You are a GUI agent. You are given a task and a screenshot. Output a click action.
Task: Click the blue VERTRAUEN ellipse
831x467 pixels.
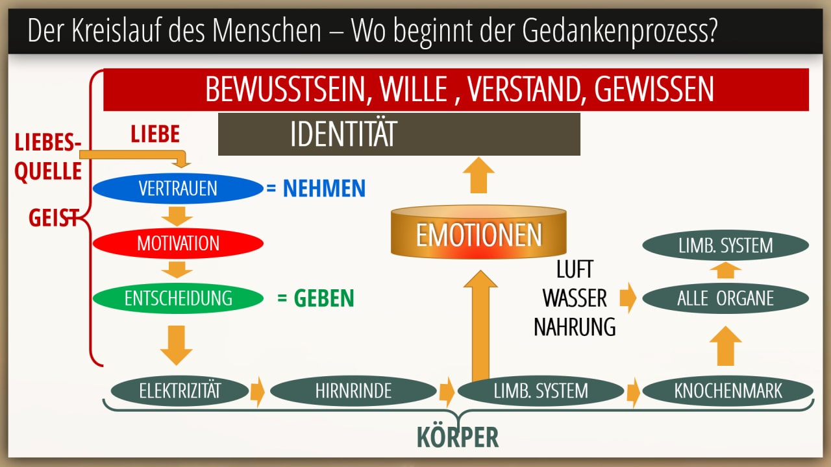click(x=178, y=188)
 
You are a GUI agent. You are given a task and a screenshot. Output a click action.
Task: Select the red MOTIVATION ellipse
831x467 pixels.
click(x=178, y=243)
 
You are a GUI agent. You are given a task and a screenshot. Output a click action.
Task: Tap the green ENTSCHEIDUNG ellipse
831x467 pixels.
click(x=178, y=298)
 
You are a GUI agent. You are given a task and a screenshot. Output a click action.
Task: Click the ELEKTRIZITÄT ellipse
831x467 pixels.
click(x=180, y=390)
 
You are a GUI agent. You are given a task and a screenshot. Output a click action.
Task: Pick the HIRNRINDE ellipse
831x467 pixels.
click(x=353, y=390)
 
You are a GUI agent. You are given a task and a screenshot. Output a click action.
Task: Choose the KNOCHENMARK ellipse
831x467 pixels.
click(x=728, y=390)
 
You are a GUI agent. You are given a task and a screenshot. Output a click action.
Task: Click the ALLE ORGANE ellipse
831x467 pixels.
click(x=726, y=298)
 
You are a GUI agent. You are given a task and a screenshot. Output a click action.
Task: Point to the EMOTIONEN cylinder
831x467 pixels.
click(x=478, y=232)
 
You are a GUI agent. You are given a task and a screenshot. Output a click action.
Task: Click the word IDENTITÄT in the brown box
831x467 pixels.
click(x=343, y=134)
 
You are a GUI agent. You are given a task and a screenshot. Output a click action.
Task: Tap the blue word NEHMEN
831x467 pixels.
click(x=324, y=188)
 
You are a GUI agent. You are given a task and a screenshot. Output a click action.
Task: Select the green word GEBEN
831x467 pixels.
click(x=324, y=298)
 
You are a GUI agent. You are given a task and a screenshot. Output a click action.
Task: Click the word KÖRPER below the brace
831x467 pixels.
click(x=458, y=437)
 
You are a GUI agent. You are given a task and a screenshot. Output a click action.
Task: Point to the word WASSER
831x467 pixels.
click(x=575, y=298)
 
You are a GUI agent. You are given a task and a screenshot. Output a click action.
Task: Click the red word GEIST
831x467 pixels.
click(x=54, y=218)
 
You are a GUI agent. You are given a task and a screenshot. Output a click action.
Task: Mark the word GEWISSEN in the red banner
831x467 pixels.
click(x=654, y=90)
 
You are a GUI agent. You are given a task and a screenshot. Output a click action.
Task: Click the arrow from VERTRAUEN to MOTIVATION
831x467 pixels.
click(x=177, y=216)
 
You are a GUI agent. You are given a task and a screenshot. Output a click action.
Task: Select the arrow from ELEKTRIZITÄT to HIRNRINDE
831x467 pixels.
click(x=258, y=391)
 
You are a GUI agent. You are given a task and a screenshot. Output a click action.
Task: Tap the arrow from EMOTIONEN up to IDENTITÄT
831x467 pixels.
click(x=478, y=175)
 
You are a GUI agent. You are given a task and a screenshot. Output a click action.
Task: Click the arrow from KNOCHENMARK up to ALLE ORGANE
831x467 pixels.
click(x=726, y=346)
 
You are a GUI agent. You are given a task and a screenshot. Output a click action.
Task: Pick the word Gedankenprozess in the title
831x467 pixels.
click(x=619, y=30)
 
